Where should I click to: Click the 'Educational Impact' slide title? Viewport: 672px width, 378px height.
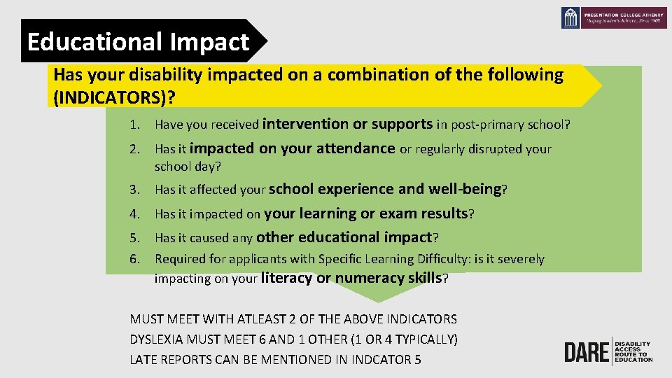138,42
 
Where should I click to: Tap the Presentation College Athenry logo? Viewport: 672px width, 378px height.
614,17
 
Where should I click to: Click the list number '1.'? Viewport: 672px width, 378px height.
134,125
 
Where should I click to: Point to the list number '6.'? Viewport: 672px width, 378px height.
134,259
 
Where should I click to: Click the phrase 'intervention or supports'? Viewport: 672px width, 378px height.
347,125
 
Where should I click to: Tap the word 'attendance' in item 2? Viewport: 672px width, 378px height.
356,148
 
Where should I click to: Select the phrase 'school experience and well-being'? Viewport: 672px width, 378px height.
385,189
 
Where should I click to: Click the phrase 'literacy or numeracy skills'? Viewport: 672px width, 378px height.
351,278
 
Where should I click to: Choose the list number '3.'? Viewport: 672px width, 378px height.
134,190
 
